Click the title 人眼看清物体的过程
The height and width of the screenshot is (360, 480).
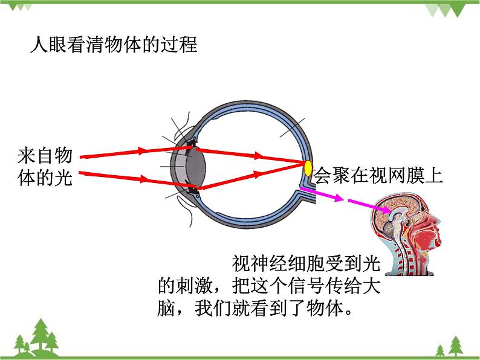(x=114, y=45)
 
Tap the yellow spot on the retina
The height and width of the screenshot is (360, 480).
(x=308, y=169)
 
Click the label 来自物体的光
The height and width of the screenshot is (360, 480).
(x=45, y=167)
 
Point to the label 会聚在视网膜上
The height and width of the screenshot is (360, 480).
(x=379, y=175)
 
